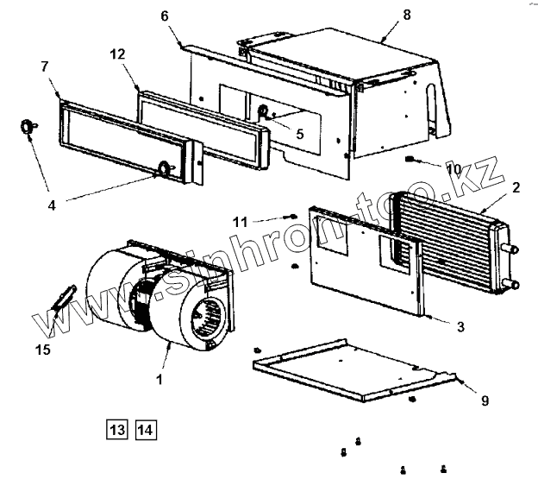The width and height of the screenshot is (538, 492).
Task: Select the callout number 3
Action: click(x=460, y=326)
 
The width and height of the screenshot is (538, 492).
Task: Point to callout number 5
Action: click(x=300, y=134)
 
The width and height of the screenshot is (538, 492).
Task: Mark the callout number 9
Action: click(x=485, y=400)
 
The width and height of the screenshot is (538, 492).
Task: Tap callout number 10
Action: click(x=452, y=169)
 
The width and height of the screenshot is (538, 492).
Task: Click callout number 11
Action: click(x=264, y=222)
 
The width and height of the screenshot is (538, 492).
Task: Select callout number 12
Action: click(x=117, y=54)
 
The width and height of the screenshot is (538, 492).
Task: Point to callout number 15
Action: click(x=42, y=350)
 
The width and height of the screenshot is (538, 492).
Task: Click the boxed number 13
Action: click(x=116, y=429)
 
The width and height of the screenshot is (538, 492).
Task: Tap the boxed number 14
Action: click(x=145, y=429)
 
